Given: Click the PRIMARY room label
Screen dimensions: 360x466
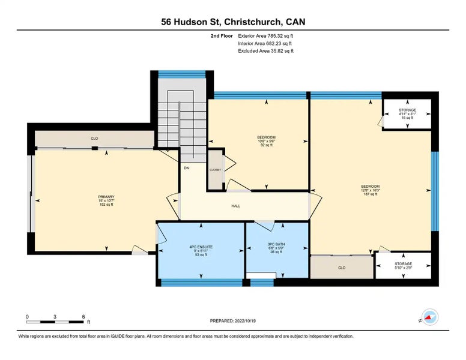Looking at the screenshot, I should point(106,197).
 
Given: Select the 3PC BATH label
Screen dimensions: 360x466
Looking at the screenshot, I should point(276,244).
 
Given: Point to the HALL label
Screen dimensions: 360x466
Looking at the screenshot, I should point(236,206).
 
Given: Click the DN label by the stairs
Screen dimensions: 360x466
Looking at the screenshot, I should point(186,167).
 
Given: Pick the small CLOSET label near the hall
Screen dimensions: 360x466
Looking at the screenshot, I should point(215,170).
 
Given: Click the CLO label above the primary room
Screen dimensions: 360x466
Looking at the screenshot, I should point(94,139).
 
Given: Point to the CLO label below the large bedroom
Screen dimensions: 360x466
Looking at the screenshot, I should point(342,267).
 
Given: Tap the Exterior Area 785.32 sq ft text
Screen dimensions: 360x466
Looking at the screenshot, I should point(265,36).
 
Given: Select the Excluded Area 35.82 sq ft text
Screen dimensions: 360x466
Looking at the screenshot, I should point(265,51).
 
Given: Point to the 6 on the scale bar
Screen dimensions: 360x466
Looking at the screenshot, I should point(83,316).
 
